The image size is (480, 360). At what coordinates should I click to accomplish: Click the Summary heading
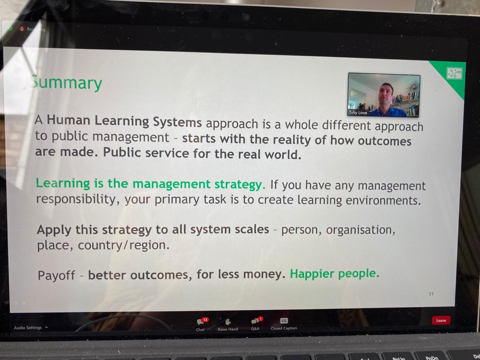(66, 83)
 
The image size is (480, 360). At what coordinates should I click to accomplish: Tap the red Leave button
(441, 321)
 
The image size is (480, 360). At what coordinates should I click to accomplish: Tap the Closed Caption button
(284, 321)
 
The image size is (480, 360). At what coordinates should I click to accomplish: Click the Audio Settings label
(28, 328)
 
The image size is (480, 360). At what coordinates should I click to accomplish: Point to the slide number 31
(431, 294)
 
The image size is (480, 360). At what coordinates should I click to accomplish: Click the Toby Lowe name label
(359, 113)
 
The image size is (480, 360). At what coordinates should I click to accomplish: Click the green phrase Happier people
(334, 273)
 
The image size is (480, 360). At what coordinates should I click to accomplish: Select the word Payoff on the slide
(56, 275)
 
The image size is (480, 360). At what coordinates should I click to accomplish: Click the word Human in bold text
(68, 120)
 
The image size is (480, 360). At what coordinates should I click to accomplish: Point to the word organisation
(360, 230)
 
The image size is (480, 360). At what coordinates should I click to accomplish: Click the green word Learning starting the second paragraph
(63, 183)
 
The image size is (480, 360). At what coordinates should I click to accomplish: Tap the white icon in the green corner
(454, 73)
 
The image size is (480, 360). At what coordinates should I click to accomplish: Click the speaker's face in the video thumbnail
(385, 92)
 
